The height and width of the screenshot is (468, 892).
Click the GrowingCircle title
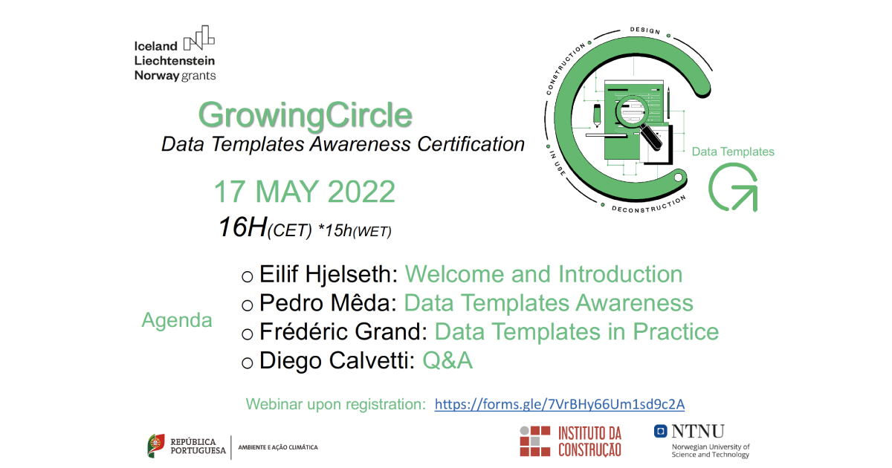point(306,115)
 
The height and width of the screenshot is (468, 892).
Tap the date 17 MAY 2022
point(304,192)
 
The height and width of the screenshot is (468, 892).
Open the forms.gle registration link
point(559,404)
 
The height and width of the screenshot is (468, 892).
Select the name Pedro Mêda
point(326,303)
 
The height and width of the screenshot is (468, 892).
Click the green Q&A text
point(447,361)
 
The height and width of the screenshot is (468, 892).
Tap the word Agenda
point(177,320)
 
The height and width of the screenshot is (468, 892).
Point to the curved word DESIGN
point(644,30)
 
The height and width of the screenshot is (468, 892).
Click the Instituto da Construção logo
point(570,441)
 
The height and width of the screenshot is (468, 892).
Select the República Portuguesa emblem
point(156,446)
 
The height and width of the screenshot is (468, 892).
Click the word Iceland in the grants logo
point(156,45)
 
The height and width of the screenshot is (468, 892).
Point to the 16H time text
point(242,227)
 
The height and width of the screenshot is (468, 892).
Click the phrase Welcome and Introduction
point(543,274)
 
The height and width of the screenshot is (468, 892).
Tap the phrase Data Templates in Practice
point(576,331)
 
